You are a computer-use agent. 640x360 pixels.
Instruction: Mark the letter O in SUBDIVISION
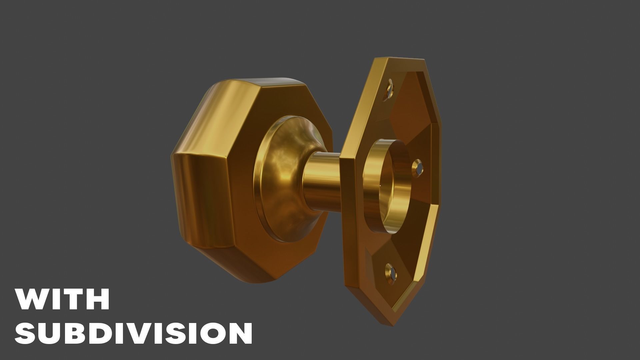pos(211,333)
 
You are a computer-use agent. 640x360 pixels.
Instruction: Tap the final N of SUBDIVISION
pos(239,333)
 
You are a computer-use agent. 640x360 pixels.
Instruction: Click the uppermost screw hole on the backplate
pos(390,89)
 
